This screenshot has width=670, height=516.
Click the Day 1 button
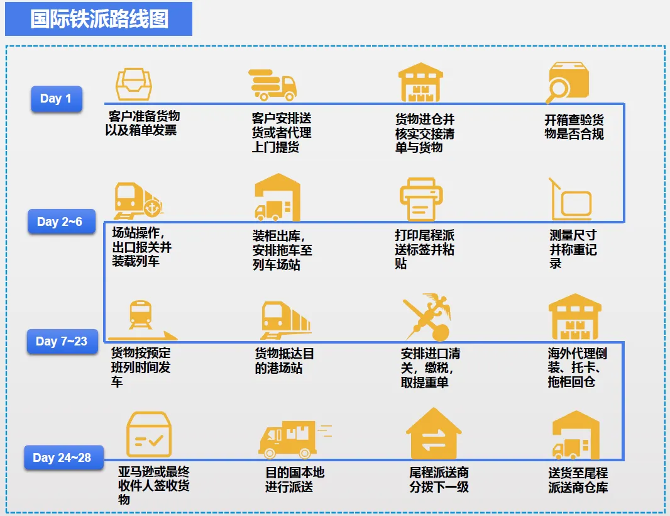coord(56,98)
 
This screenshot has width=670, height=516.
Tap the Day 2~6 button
coord(60,222)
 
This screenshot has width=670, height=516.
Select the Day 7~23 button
coord(61,341)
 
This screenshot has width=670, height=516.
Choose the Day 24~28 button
coord(62,457)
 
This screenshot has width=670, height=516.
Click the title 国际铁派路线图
coord(99,19)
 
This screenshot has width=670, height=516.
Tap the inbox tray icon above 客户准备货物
coord(134,84)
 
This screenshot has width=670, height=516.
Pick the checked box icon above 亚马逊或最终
coord(148,434)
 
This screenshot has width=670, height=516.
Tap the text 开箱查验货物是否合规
coord(574,126)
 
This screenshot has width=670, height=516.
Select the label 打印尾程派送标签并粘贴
coord(424,249)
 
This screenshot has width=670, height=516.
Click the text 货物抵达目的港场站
coord(284,361)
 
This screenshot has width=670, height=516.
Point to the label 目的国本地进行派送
coord(295,479)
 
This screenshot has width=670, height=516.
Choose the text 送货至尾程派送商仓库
coord(578,480)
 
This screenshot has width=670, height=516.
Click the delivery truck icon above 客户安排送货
coord(272,84)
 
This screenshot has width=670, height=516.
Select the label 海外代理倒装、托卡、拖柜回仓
coord(577,367)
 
